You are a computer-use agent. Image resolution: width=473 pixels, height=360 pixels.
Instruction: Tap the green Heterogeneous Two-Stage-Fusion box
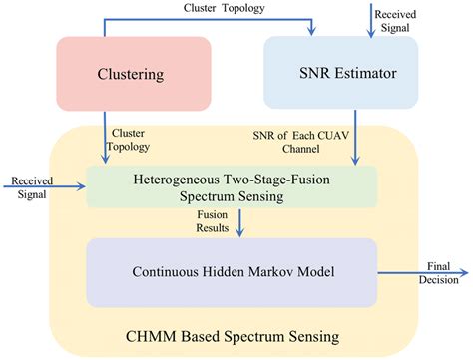tap(232, 186)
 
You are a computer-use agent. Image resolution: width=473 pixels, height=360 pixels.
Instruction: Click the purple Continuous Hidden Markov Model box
tap(232, 270)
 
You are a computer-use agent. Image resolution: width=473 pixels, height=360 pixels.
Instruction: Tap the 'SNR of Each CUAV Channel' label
tap(310, 141)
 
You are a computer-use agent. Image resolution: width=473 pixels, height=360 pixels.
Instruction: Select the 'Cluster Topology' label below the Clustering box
tap(130, 140)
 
